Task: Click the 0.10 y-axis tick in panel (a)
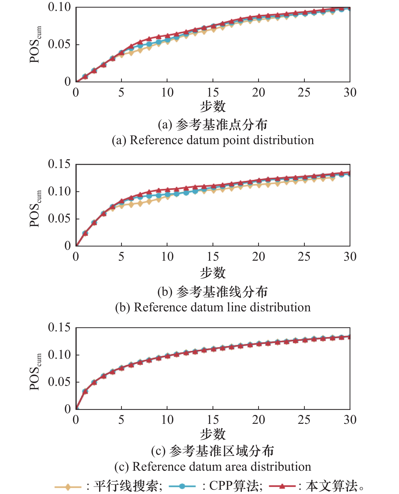(59, 7)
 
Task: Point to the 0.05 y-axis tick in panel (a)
(59, 44)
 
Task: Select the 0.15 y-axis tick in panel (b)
(59, 164)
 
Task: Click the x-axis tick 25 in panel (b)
(304, 257)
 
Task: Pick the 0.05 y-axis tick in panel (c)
(59, 382)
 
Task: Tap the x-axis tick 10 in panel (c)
(167, 420)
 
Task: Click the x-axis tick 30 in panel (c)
(350, 420)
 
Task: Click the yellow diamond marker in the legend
(68, 487)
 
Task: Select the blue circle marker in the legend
(182, 486)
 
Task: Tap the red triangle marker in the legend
(282, 486)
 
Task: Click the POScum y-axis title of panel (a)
(35, 45)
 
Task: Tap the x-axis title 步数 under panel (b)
(213, 273)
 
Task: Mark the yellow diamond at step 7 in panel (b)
(140, 203)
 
